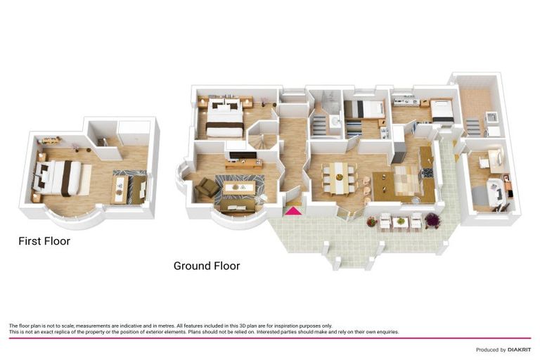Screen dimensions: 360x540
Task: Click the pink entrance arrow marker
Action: click(x=292, y=210)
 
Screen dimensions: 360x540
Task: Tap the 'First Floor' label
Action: click(x=44, y=241)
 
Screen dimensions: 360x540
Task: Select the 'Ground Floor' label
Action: click(x=207, y=266)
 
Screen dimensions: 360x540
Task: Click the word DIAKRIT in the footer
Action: click(x=520, y=349)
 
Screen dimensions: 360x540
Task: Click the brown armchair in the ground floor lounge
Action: click(x=207, y=187)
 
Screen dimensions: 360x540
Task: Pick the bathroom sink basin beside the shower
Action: click(x=335, y=122)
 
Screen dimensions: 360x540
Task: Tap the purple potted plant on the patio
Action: click(x=432, y=220)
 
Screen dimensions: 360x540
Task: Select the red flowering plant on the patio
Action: click(x=371, y=221)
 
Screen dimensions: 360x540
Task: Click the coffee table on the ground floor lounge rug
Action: click(x=236, y=188)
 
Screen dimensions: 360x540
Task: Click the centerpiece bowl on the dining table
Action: click(x=338, y=173)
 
